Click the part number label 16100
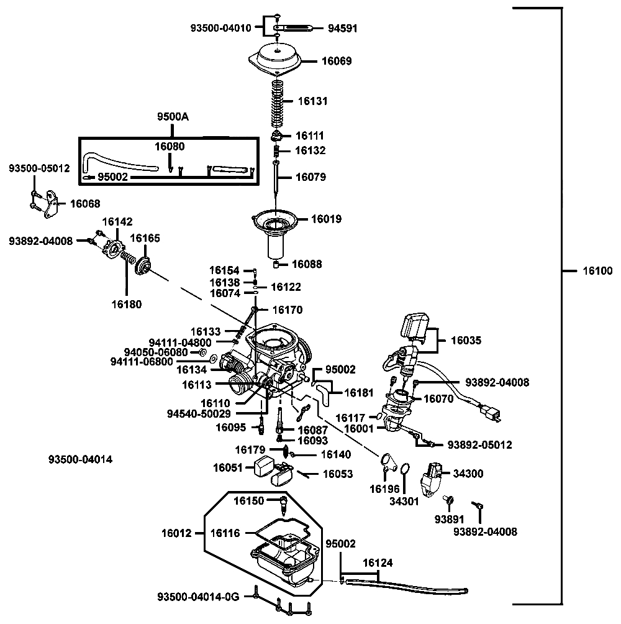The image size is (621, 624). (x=597, y=271)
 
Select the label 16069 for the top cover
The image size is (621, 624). (x=337, y=61)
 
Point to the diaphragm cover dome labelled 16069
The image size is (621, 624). (x=276, y=59)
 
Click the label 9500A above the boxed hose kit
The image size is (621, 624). (x=173, y=117)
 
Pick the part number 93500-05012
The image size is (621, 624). (x=39, y=168)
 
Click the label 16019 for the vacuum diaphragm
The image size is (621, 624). (x=327, y=219)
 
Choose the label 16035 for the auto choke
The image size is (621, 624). (x=466, y=340)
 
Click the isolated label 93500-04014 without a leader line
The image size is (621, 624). (x=80, y=459)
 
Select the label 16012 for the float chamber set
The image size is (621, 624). (x=176, y=533)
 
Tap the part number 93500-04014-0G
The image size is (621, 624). (x=198, y=597)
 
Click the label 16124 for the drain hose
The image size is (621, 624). (x=378, y=562)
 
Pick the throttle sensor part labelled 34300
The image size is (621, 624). (x=430, y=479)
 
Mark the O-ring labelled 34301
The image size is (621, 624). (x=404, y=469)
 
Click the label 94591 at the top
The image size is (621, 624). (x=343, y=28)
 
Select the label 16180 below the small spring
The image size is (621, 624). (x=127, y=305)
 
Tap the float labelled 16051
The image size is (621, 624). (x=263, y=466)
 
